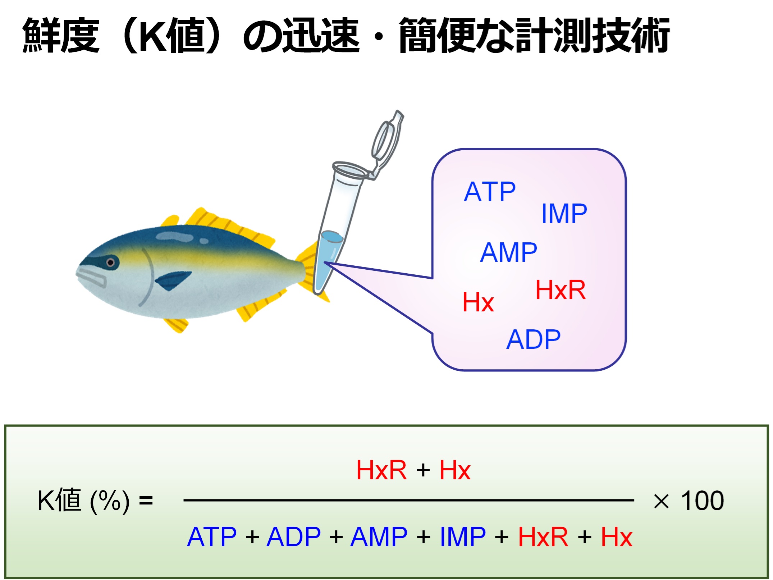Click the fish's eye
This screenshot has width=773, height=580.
pos(111,262)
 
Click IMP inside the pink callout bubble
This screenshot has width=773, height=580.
pos(564,213)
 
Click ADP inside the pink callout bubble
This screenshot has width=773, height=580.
pos(534,339)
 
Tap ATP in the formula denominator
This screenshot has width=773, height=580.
pos(212,536)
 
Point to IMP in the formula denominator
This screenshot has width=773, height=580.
pos(463,536)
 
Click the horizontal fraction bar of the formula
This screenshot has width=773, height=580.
pos(408,500)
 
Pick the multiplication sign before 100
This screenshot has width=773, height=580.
pos(661,501)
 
